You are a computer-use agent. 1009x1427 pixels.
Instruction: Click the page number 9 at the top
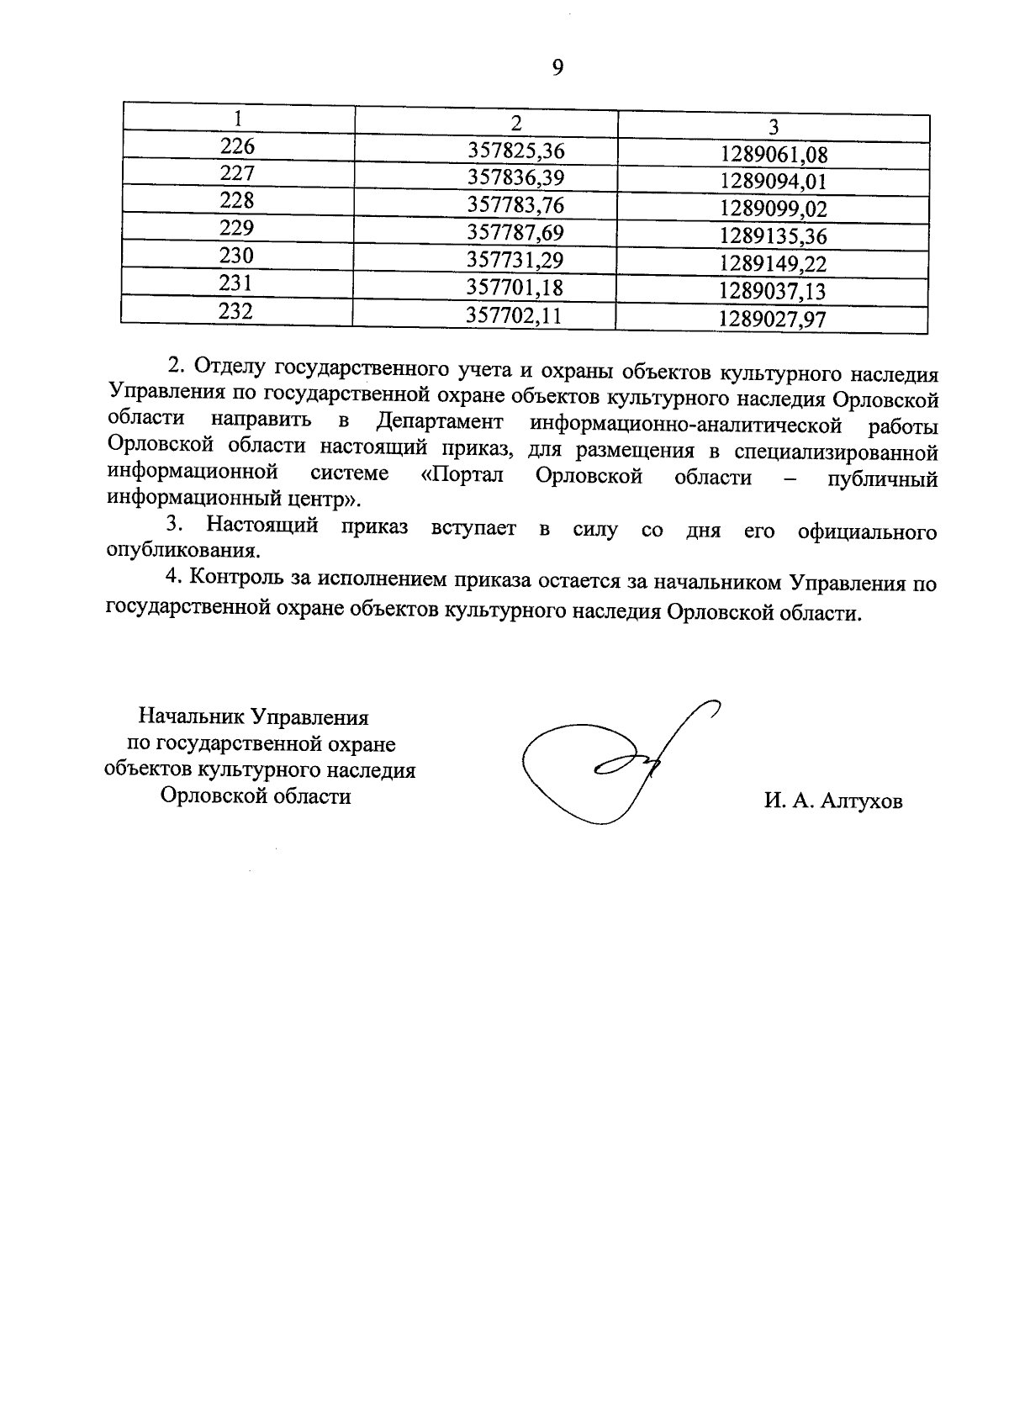[x=557, y=68]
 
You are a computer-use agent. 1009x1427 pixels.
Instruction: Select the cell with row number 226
[x=237, y=147]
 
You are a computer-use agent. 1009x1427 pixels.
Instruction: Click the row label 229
[x=237, y=229]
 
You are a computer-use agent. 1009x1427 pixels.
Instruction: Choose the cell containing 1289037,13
[x=774, y=292]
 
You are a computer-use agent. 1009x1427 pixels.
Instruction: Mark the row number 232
[x=236, y=311]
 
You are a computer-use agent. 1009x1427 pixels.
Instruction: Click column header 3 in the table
[x=774, y=127]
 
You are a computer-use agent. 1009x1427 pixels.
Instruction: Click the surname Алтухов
[x=857, y=802]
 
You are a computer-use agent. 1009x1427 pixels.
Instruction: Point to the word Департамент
[x=440, y=420]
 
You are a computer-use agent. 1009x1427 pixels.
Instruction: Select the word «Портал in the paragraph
[x=462, y=475]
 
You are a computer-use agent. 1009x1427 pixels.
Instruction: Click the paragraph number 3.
[x=174, y=526]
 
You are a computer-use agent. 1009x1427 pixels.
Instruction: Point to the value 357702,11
[x=515, y=317]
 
